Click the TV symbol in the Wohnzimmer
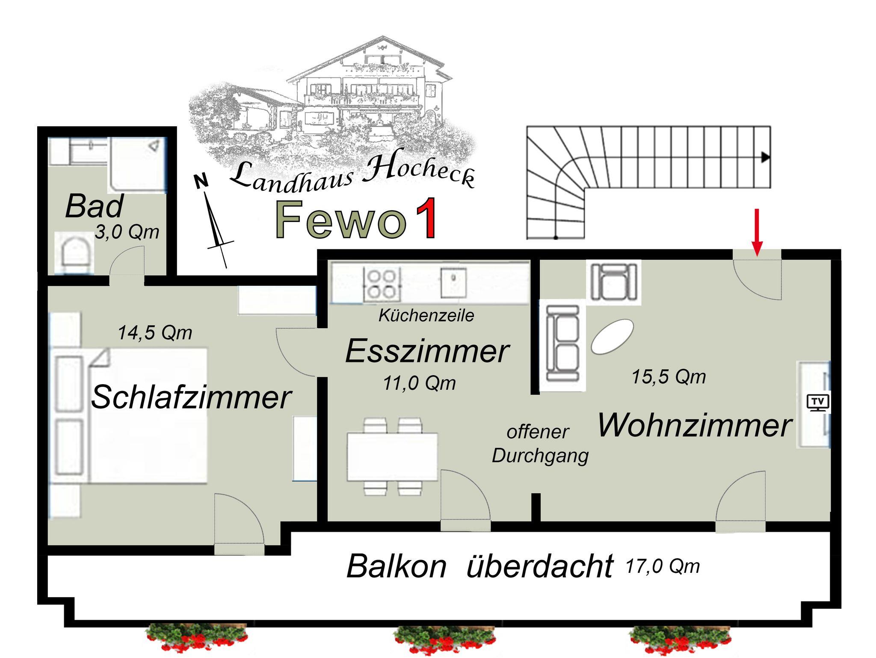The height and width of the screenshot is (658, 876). [x=817, y=403]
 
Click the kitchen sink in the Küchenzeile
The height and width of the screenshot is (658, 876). [x=453, y=282]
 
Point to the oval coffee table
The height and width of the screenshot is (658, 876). [x=612, y=337]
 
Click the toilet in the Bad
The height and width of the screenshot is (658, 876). [x=75, y=254]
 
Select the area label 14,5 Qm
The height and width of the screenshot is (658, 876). [x=155, y=332]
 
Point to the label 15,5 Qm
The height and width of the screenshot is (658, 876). [x=669, y=377]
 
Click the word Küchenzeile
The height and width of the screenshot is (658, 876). [x=426, y=316]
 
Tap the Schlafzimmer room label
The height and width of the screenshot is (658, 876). [x=191, y=397]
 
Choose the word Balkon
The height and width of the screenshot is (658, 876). [x=396, y=566]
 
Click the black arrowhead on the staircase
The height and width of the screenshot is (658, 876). [x=765, y=157]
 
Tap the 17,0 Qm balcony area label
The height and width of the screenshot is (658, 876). [x=662, y=566]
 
